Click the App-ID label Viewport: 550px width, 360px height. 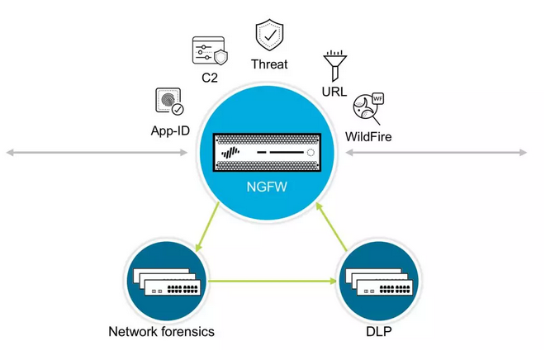tap(170, 130)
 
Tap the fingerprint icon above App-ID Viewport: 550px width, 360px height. tap(169, 102)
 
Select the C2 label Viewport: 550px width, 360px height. tap(210, 79)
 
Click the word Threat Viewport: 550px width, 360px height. tap(270, 64)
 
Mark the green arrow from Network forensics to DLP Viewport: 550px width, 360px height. tap(273, 282)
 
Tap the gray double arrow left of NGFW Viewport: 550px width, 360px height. tap(100, 153)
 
